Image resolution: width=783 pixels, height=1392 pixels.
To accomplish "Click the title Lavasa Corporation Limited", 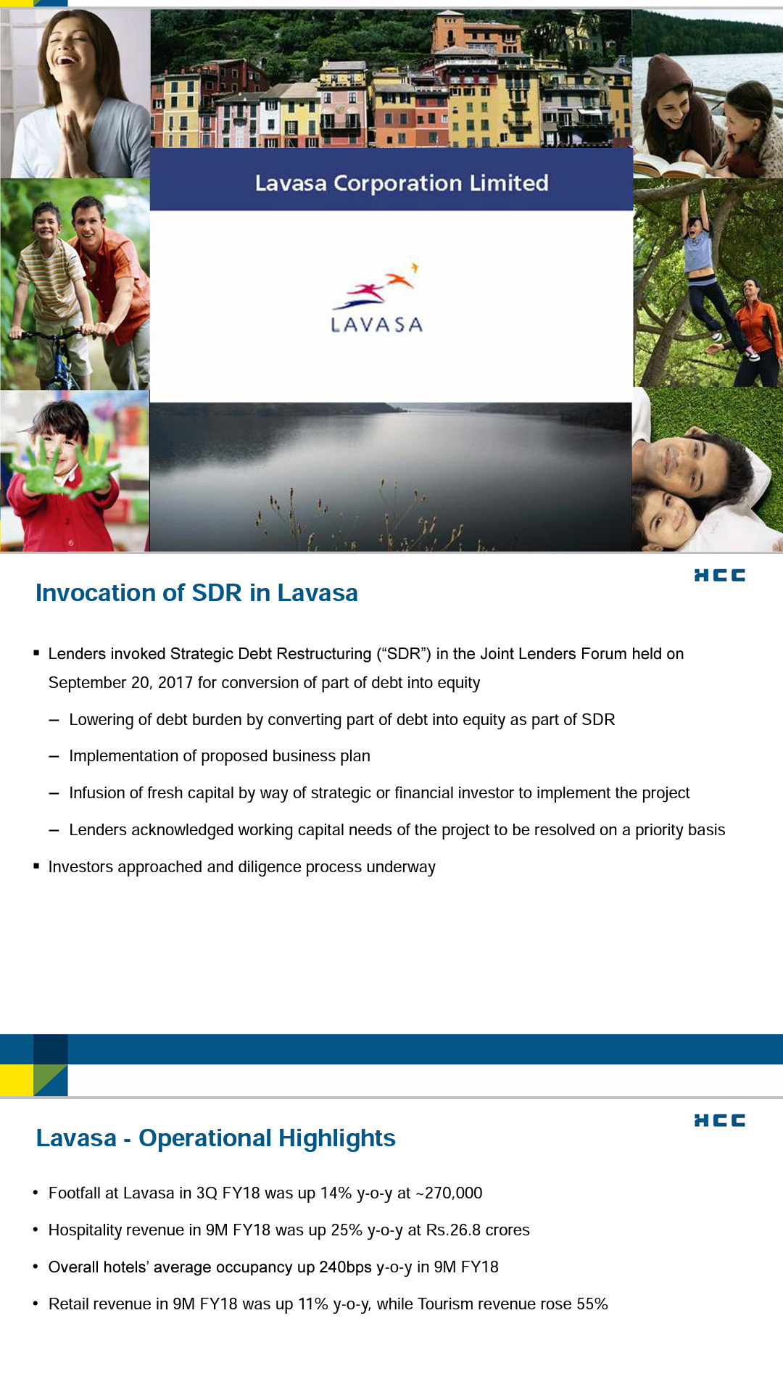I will pos(401,183).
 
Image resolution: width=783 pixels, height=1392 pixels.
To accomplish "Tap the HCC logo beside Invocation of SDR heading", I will pos(719,575).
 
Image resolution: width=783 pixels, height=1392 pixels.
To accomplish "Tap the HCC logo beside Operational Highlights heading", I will pos(719,1120).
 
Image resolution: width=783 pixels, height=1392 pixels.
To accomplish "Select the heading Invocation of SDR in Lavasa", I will pos(196,593).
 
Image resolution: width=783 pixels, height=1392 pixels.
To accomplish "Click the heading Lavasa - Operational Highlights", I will pos(215,1138).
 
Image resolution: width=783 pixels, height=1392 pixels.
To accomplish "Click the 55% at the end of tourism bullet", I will pos(592,1304).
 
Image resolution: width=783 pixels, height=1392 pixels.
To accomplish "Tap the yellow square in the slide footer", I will pos(16,1080).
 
